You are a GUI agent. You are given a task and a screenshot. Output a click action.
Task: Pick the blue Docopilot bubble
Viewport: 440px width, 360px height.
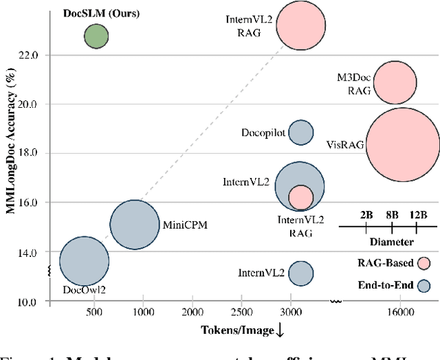pos(300,132)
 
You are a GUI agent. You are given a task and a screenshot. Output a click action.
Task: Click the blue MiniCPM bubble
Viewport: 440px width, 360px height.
pos(135,224)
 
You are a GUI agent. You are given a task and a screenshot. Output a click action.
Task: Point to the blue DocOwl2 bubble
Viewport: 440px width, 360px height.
pos(84,261)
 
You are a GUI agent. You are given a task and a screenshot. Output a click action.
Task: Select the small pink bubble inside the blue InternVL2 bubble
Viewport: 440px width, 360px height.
pos(300,198)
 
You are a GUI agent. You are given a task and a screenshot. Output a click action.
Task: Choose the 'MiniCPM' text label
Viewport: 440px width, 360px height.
pos(185,224)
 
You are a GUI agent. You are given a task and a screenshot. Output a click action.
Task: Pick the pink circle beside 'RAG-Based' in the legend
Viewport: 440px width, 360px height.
pos(424,262)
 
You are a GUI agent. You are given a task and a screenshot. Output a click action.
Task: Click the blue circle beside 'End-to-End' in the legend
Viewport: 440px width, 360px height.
pos(424,286)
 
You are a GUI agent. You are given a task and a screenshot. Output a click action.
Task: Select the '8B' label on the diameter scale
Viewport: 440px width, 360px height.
pos(392,215)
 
